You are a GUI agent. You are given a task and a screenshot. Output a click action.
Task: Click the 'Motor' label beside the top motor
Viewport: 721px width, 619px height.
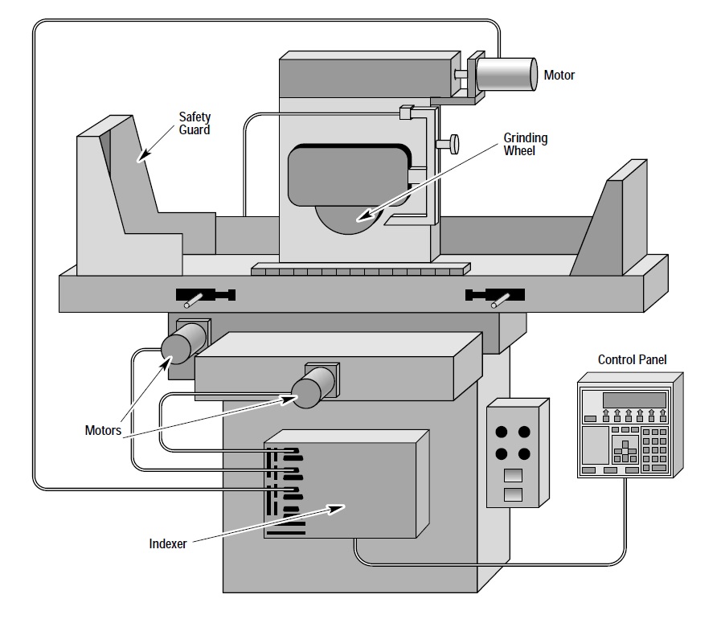point(559,75)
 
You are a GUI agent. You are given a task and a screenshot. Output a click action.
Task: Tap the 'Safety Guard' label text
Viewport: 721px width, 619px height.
point(195,123)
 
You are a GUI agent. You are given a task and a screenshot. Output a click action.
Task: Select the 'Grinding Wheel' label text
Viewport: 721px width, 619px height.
point(525,145)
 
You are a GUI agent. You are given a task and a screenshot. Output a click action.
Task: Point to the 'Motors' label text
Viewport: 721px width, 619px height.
point(103,430)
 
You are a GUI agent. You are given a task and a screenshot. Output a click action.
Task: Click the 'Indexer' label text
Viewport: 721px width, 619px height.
point(168,543)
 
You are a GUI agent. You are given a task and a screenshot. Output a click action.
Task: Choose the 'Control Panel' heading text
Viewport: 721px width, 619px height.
point(632,359)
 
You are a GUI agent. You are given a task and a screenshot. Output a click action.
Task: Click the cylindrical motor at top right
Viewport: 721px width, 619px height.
point(506,74)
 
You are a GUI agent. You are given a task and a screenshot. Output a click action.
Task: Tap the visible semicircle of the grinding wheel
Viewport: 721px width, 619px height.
point(347,219)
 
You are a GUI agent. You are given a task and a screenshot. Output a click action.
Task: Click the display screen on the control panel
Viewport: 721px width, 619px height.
point(634,400)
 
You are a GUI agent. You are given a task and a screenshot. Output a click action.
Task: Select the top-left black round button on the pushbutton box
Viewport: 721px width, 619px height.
point(502,432)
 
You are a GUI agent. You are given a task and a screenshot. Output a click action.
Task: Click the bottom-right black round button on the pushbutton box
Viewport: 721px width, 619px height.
point(524,454)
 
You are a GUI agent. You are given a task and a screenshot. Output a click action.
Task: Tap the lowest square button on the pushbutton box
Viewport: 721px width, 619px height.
point(513,495)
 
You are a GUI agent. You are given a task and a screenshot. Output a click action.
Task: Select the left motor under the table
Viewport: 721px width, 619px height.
point(184,343)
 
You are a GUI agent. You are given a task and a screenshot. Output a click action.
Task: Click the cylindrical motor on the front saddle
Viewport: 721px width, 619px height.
point(313,387)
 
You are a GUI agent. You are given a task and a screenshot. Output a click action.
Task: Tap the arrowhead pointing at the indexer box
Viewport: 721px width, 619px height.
point(336,509)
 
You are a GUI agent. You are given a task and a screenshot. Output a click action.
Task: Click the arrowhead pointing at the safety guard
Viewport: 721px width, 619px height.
point(142,155)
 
